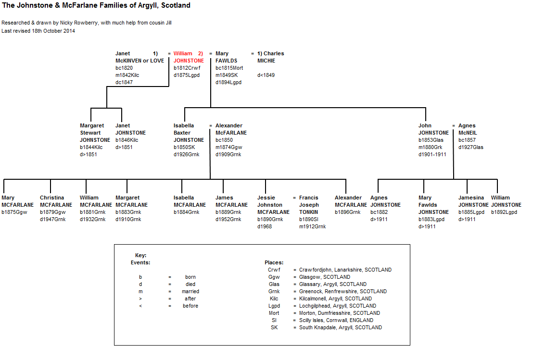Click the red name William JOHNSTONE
coord(189,57)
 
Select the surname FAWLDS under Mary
coord(226,61)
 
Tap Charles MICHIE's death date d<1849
coord(266,75)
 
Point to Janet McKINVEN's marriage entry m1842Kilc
coord(127,75)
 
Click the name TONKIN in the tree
coord(308,212)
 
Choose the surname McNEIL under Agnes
coord(468,133)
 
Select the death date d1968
coord(265,226)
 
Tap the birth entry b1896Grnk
coord(347,212)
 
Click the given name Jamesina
coord(471,198)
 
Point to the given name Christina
coord(51,198)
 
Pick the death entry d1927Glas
coord(470,147)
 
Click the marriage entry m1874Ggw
coord(228,147)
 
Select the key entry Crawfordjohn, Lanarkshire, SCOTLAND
coord(345,270)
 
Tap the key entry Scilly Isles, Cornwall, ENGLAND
coord(336,320)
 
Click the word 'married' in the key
coord(190,291)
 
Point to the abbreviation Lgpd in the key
coord(274,306)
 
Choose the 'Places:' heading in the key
coord(274,262)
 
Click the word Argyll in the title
coord(148,5)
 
